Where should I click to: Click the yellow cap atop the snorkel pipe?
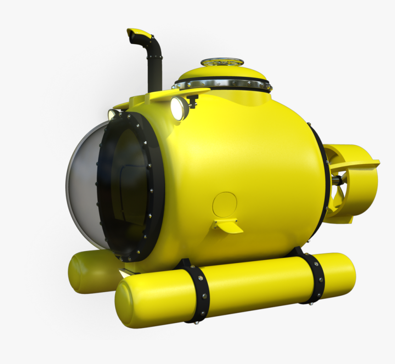pos(139,33)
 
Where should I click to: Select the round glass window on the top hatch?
pos(223,62)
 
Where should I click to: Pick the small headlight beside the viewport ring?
pos(112,114)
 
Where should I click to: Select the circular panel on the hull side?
pos(225,205)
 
